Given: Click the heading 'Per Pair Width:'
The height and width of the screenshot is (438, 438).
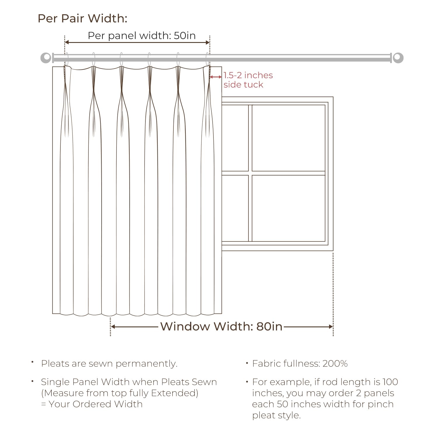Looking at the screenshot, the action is tap(83, 19).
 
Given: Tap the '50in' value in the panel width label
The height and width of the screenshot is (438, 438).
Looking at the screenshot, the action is tap(185, 36).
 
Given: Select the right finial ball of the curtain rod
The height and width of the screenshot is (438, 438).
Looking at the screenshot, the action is tap(398, 58).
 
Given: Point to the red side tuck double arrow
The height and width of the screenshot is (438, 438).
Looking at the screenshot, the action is tap(216, 77).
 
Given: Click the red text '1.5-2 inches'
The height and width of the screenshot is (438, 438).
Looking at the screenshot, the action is tap(248, 75).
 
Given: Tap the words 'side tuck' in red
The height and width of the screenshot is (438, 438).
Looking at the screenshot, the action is tap(243, 85).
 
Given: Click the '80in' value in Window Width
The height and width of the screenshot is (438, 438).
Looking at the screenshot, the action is tap(270, 326).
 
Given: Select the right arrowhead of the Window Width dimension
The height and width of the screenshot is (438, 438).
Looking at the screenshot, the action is tap(331, 326).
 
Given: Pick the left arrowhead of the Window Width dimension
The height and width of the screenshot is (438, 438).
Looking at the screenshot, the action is tap(113, 326).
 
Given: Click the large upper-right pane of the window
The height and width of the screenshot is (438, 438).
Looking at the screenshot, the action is tap(288, 138).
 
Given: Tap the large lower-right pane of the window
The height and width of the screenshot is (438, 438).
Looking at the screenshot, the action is tap(288, 208).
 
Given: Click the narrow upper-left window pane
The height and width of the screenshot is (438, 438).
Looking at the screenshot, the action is tap(235, 138).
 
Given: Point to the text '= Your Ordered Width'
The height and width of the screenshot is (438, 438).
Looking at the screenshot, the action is tap(92, 404).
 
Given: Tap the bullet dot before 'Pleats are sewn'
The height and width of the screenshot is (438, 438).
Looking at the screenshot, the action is tap(33, 362).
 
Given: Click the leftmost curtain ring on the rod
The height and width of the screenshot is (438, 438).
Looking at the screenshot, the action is tap(67, 60).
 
